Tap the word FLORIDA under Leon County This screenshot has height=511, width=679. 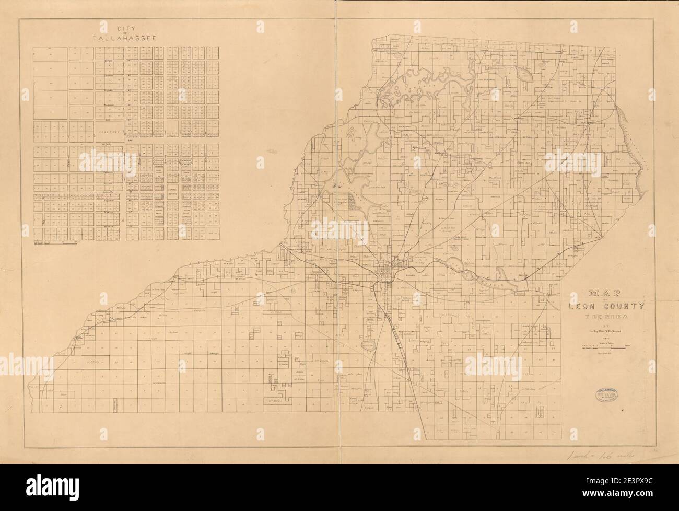[x=606, y=317]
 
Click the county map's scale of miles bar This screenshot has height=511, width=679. [x=606, y=348]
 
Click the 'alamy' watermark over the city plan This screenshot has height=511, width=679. [x=106, y=162]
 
